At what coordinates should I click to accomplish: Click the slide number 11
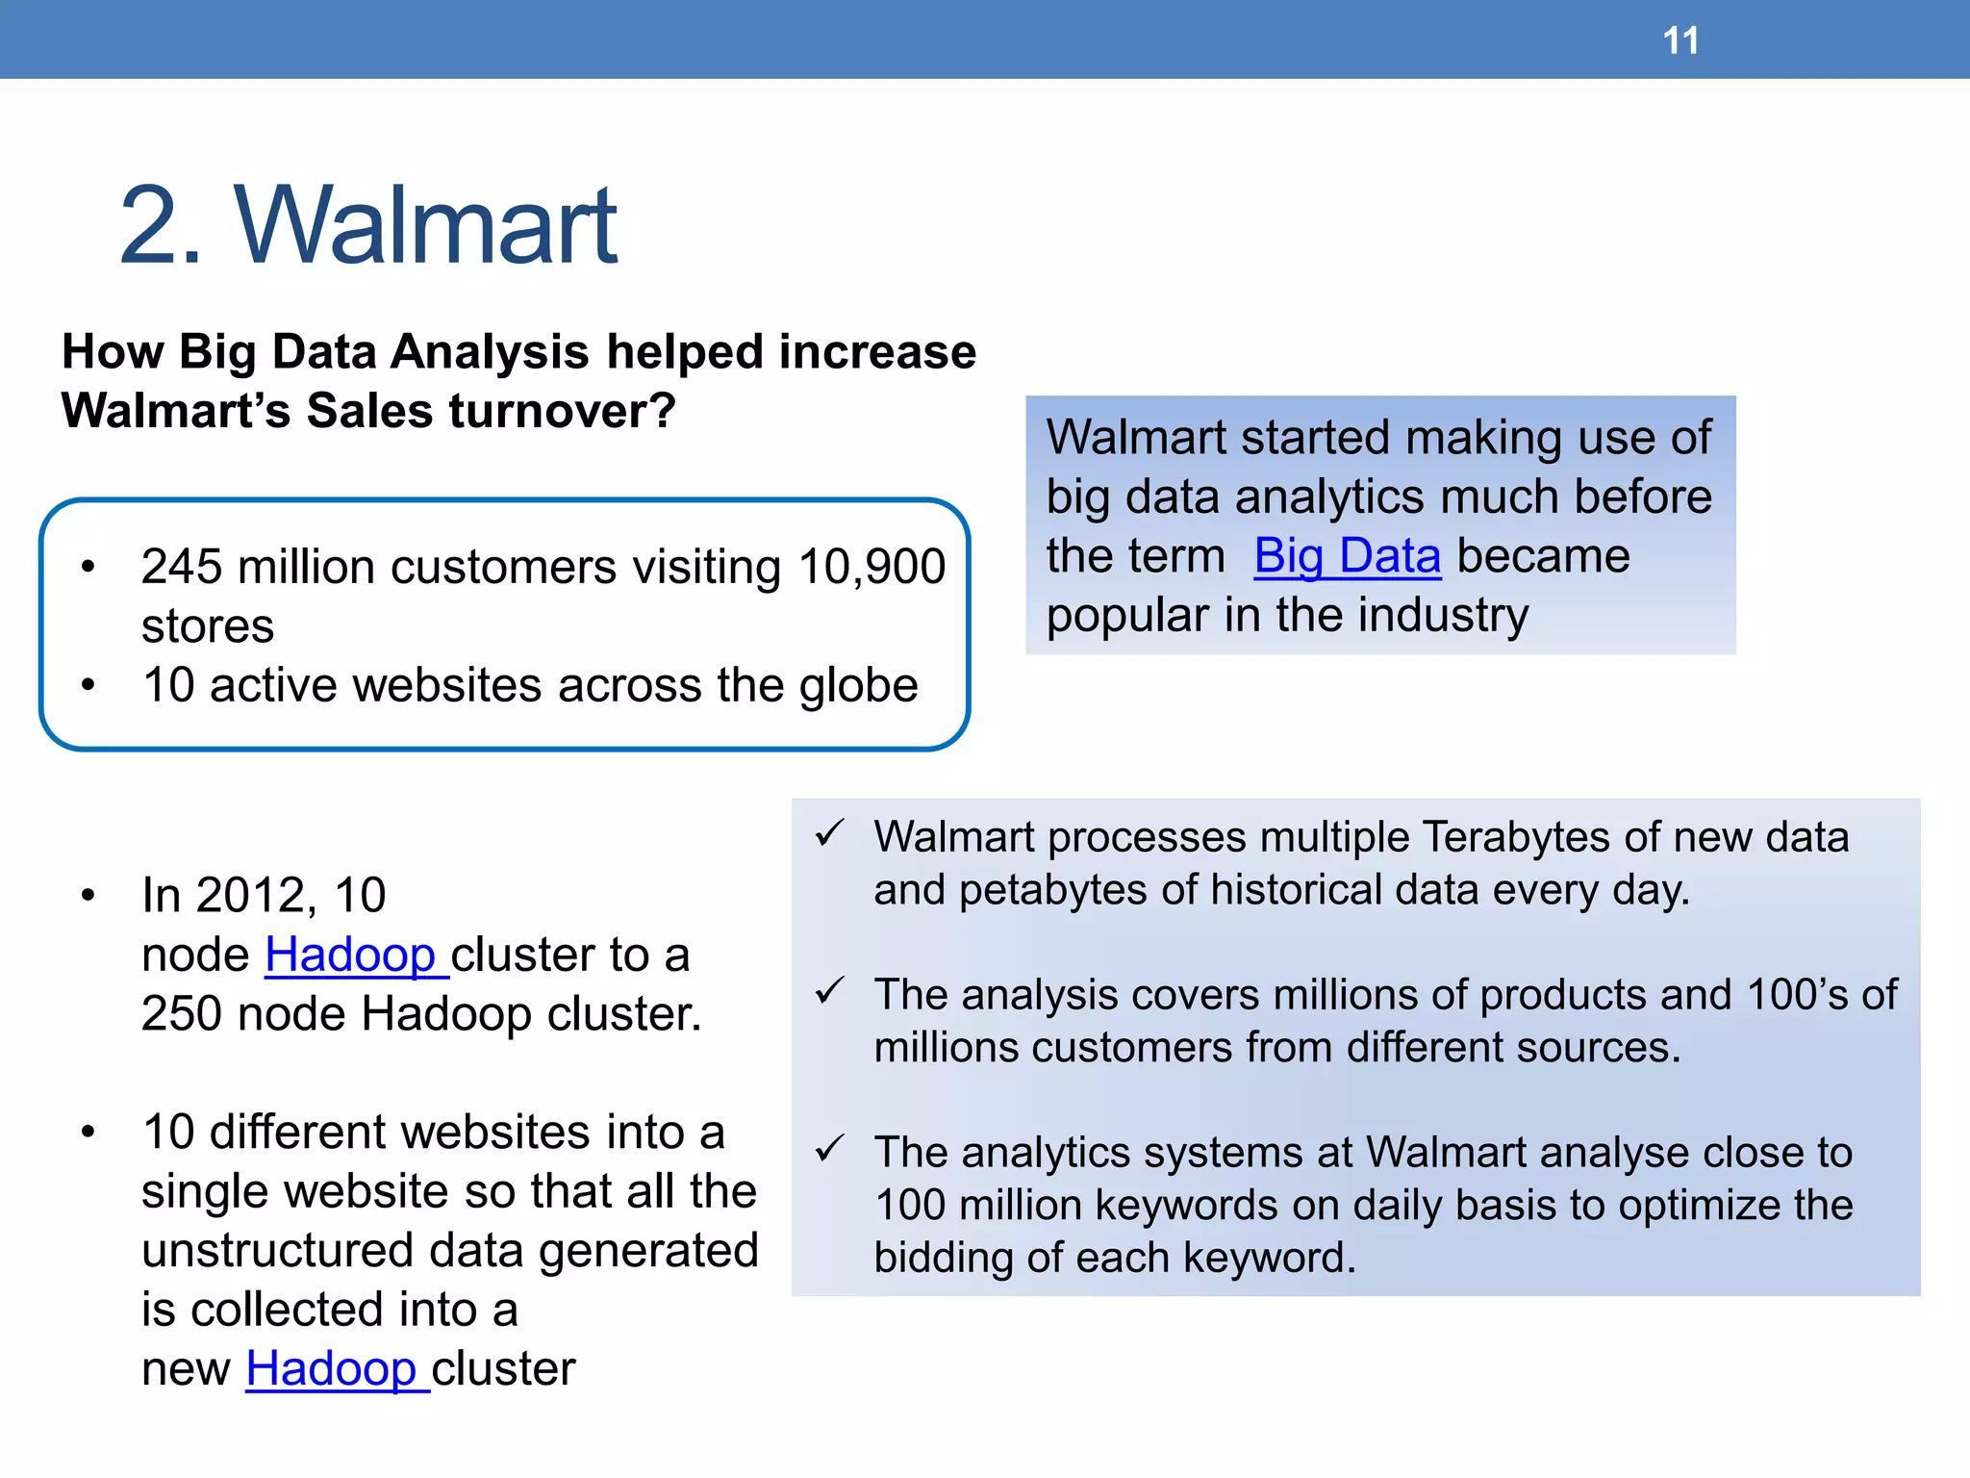1680,41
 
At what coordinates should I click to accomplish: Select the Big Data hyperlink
1347,556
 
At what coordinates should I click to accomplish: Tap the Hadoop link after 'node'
351,955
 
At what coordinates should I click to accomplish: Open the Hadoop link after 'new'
332,1368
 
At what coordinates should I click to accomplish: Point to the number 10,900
871,566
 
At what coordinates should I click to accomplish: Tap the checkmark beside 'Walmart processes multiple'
829,832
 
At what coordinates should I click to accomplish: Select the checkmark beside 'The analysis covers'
829,990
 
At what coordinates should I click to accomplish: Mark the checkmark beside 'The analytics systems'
829,1148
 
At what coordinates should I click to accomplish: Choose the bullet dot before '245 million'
88,567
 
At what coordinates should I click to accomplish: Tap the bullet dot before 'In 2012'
88,896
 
